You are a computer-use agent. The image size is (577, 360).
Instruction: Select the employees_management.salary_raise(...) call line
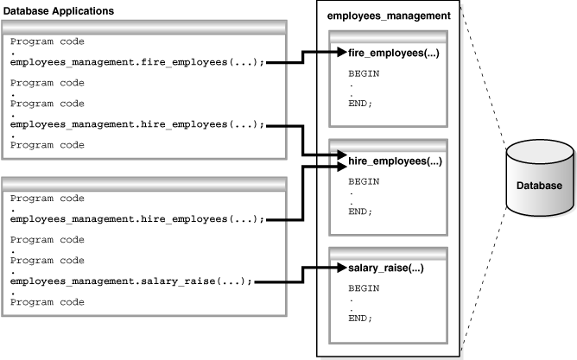pyautogui.click(x=131, y=281)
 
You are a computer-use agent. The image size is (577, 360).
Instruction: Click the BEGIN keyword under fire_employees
pyautogui.click(x=363, y=74)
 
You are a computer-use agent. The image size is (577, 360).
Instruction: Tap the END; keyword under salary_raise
pyautogui.click(x=360, y=319)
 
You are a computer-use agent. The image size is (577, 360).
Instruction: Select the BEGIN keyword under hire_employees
pyautogui.click(x=363, y=181)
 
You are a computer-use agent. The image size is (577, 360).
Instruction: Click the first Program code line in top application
pyautogui.click(x=48, y=41)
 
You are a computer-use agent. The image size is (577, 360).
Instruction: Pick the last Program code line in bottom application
pyautogui.click(x=48, y=302)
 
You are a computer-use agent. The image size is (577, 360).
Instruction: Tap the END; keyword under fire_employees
pyautogui.click(x=360, y=104)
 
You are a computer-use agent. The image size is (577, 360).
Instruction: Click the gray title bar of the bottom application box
pyautogui.click(x=144, y=183)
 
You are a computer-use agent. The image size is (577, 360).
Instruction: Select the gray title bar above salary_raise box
pyautogui.click(x=387, y=251)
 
